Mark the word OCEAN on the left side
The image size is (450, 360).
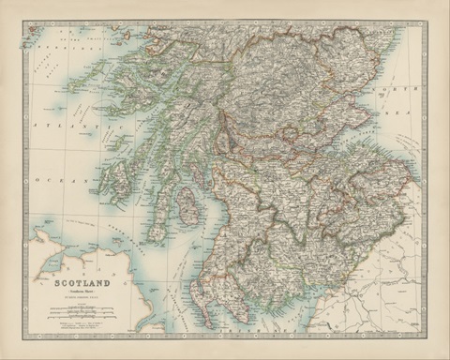pos(43,175)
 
